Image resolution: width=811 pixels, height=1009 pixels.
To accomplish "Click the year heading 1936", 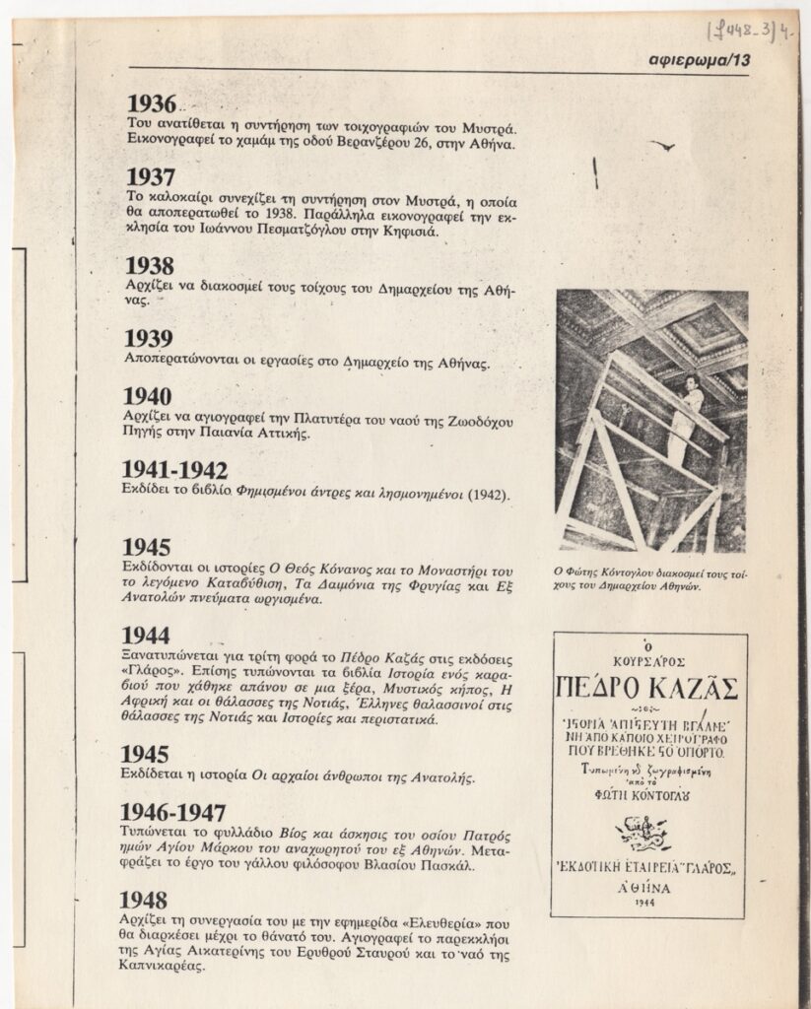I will pyautogui.click(x=152, y=104).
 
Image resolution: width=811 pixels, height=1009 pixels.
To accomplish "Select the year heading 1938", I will pyautogui.click(x=151, y=265).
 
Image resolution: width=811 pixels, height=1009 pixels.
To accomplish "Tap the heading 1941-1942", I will pyautogui.click(x=175, y=470).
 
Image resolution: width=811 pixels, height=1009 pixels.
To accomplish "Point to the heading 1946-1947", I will pyautogui.click(x=173, y=813).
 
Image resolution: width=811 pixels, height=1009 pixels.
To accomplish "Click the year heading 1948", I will pyautogui.click(x=144, y=899).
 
